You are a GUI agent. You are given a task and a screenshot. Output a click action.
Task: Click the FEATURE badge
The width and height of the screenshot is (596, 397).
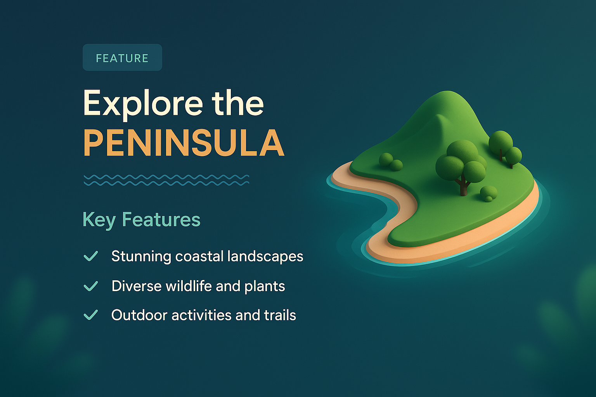122,58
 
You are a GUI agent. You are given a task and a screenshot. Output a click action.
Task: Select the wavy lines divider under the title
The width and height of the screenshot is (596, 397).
166,180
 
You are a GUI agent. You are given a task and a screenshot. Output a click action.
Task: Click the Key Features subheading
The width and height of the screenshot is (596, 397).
141,219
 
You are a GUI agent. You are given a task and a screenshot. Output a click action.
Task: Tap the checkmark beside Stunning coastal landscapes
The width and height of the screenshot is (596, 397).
91,256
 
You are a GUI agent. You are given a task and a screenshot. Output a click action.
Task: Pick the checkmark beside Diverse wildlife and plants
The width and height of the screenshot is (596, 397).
91,286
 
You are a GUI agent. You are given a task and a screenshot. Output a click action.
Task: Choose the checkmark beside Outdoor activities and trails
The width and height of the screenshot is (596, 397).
91,315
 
